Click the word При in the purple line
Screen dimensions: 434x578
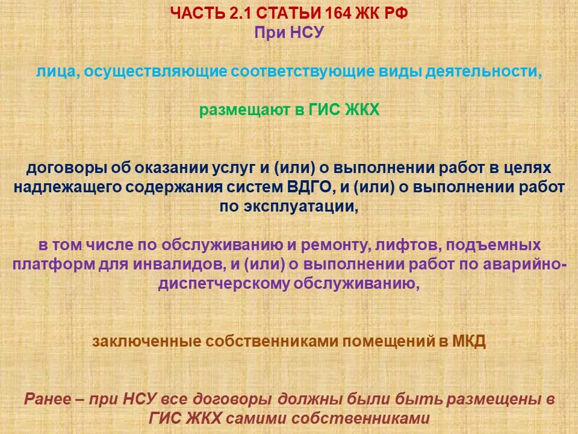[x=268, y=33]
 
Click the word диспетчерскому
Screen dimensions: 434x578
[x=224, y=285]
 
